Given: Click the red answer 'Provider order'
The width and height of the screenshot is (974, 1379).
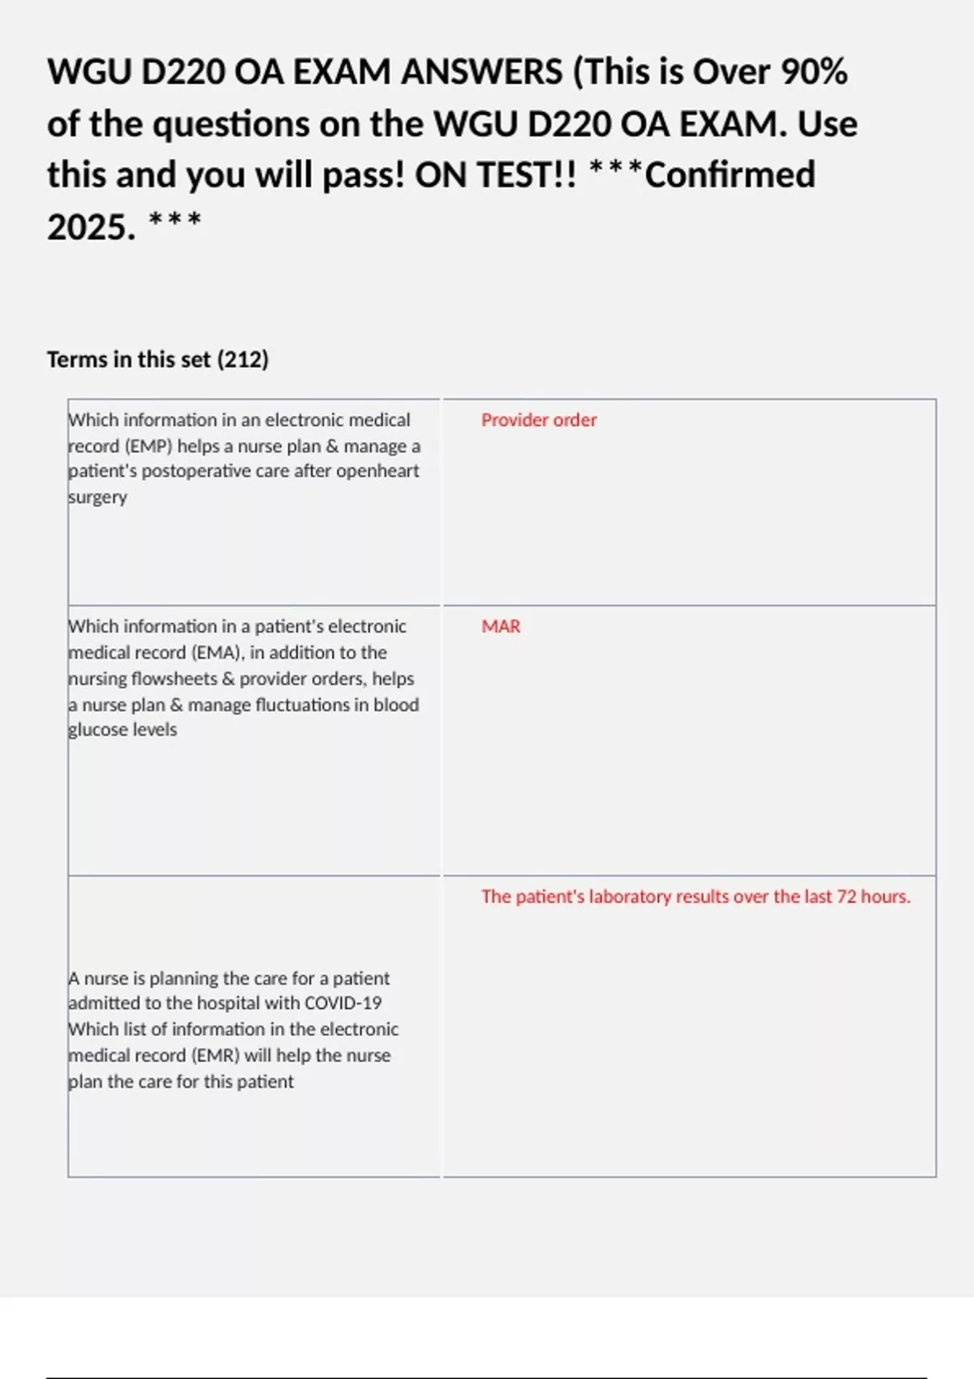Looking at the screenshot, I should click(x=538, y=420).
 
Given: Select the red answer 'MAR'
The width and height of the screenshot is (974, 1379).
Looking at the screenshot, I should click(x=501, y=627).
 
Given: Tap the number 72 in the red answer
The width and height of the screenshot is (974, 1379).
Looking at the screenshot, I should click(x=847, y=897).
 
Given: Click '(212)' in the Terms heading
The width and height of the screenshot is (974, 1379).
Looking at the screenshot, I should click(x=243, y=359).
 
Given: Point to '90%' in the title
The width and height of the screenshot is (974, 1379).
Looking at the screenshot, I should click(x=814, y=72).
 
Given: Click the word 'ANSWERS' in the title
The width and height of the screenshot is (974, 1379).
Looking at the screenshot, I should click(x=481, y=72).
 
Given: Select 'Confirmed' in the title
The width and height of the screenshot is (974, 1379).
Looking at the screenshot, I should click(x=730, y=175).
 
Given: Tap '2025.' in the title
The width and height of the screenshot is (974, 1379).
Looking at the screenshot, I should click(x=91, y=227).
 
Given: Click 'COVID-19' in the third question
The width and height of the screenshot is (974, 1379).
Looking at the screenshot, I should click(x=343, y=1003).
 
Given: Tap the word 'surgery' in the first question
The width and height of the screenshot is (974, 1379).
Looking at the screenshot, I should click(x=97, y=497).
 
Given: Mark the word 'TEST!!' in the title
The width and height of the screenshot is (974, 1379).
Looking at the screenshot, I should click(x=496, y=175).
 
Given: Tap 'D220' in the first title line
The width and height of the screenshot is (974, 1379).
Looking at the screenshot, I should click(x=183, y=72).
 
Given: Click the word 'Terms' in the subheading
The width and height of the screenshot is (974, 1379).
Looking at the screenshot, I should click(x=77, y=359).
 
